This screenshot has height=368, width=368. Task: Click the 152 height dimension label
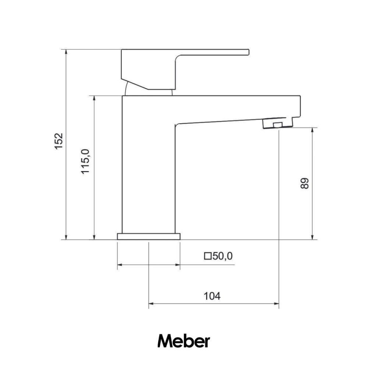(59, 141)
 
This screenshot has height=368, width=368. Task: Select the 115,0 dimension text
(85, 161)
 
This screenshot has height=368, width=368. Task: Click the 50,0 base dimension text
(223, 256)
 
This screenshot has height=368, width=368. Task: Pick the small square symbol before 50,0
(208, 256)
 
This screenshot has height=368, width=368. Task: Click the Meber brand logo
(184, 341)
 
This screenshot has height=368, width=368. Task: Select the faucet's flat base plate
(149, 236)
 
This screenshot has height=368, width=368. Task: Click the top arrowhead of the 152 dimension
(66, 52)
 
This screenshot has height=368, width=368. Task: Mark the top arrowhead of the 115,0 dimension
(95, 99)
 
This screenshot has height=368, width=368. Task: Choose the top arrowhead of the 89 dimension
(312, 131)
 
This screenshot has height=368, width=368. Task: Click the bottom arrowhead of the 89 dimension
(312, 237)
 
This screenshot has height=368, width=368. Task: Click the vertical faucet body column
(148, 166)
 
